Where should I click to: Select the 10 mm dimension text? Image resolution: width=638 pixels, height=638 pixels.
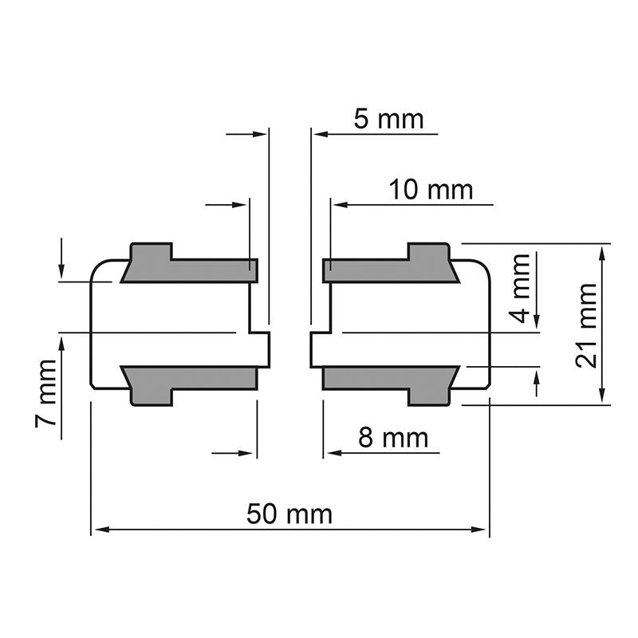[x=431, y=190]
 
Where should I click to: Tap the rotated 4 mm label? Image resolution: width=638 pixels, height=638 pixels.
[x=520, y=288]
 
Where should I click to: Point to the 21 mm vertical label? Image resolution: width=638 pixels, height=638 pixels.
[x=588, y=325]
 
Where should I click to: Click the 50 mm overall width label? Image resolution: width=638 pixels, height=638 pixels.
[x=289, y=514]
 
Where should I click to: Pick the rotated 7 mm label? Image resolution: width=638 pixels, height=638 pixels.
[x=47, y=395]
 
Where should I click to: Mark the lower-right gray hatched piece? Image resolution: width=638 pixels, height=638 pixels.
[x=391, y=381]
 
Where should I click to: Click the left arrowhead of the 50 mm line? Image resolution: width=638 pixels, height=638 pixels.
[x=97, y=529]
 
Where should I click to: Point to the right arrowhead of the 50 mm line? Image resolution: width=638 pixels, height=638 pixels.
[x=482, y=529]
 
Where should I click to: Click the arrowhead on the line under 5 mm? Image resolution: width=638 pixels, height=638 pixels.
[x=317, y=134]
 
